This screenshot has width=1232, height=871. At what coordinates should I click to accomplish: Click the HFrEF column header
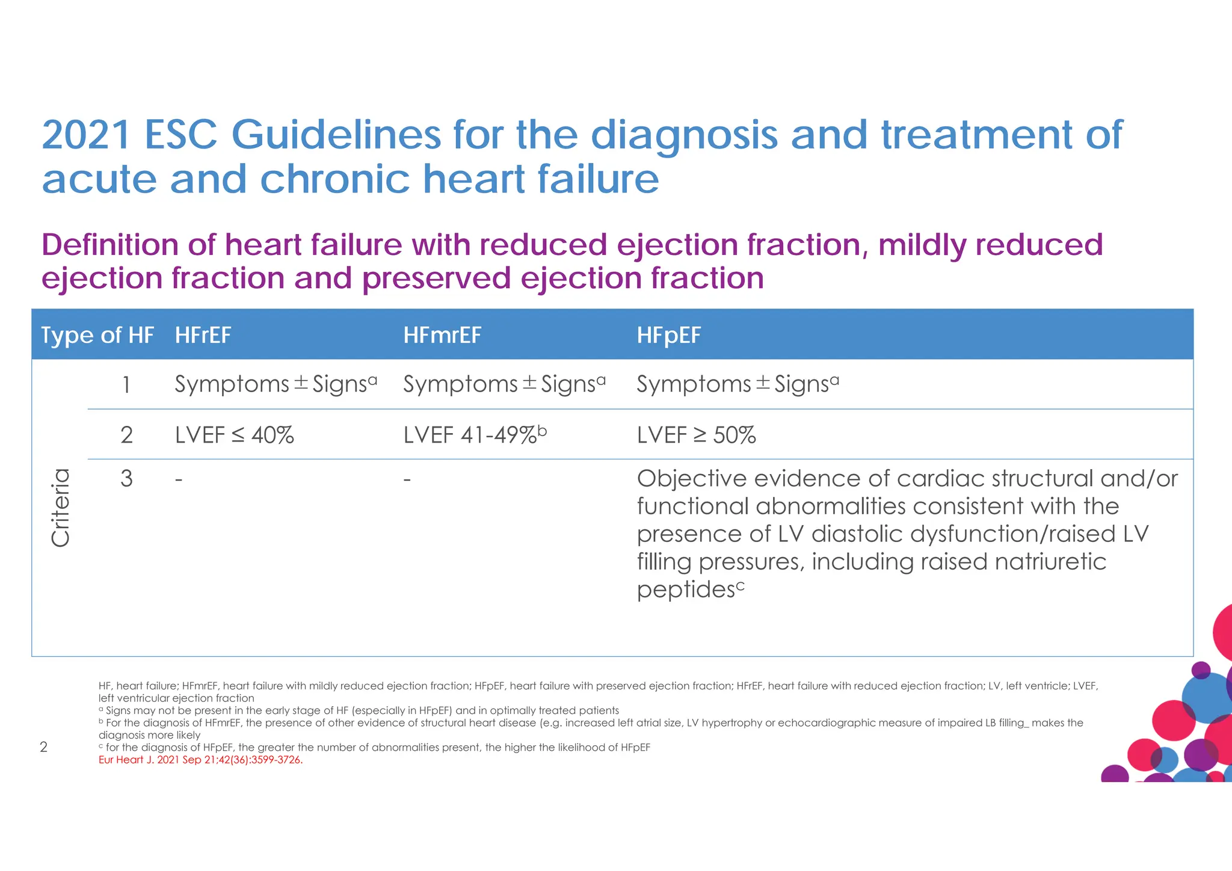point(203,335)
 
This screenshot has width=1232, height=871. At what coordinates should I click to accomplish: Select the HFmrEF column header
point(442,335)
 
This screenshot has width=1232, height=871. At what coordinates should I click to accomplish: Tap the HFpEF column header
point(669,335)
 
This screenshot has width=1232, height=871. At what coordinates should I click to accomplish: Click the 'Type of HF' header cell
point(97,335)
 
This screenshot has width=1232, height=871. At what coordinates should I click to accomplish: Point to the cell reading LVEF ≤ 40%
point(235,435)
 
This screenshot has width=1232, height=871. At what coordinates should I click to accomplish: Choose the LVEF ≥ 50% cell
point(696,435)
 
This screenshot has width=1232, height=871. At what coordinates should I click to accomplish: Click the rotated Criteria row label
point(61,508)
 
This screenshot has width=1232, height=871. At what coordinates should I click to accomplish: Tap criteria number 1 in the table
point(126,385)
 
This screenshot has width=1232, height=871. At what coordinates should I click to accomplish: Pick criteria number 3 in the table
point(126,479)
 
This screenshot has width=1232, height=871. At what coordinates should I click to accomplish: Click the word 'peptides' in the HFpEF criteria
point(686,590)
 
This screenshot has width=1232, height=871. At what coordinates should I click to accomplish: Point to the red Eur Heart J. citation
point(200,760)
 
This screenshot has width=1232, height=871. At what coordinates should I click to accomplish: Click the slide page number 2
point(43,747)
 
